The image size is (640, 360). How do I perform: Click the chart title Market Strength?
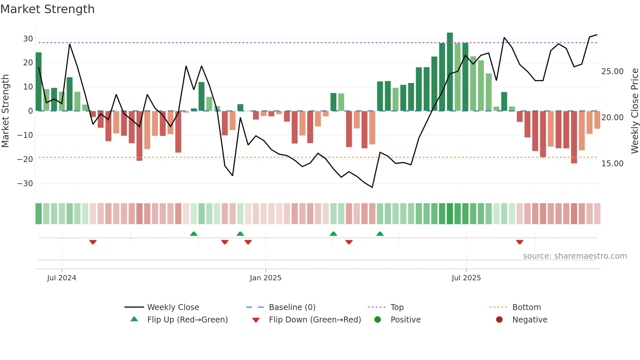(47, 9)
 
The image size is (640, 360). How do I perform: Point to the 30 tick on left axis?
(28, 39)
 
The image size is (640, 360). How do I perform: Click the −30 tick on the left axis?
(25, 184)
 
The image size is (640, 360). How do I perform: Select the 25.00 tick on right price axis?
(612, 72)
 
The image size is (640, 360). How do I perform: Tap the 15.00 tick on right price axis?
(612, 164)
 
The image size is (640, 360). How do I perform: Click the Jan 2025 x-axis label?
(265, 278)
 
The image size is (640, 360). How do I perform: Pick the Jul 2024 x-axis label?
(61, 278)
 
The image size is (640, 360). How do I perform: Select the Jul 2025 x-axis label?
(466, 278)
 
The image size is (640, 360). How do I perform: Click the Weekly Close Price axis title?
(634, 111)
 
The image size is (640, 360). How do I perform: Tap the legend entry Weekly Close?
(173, 307)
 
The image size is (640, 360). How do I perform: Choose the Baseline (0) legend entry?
(292, 307)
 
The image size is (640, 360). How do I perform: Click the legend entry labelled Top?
(397, 307)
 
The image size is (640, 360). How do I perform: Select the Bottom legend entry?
(526, 307)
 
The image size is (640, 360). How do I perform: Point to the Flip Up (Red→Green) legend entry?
(187, 320)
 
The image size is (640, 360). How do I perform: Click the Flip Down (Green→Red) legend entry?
(314, 320)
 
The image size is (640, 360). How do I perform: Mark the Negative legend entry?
(529, 320)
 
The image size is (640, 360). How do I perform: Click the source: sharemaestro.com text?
(575, 256)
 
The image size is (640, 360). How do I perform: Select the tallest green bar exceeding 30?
(450, 72)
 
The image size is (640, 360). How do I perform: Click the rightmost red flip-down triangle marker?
(520, 242)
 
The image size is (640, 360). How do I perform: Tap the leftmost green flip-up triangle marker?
(194, 234)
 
